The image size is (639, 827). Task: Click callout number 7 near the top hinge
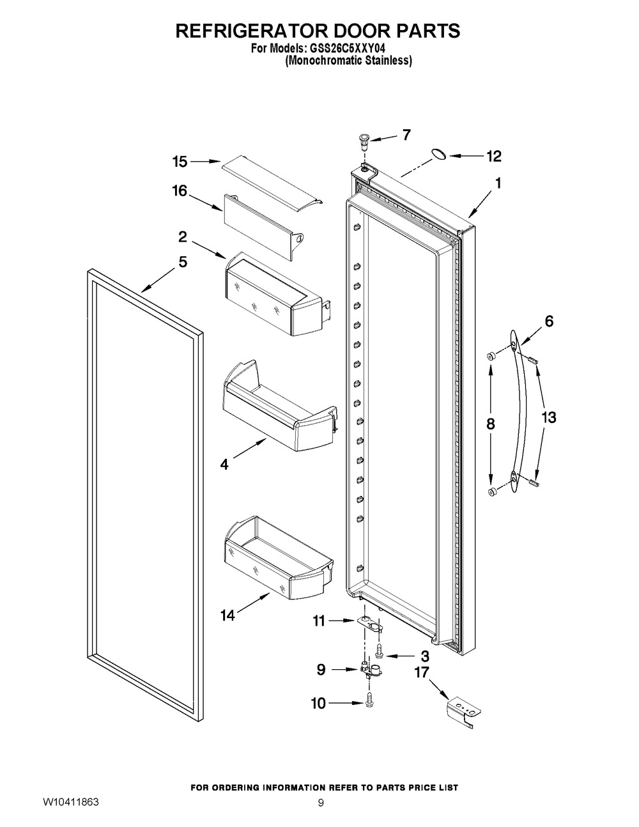click(x=406, y=134)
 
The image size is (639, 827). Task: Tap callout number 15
click(x=180, y=162)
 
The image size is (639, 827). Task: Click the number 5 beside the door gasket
click(x=183, y=262)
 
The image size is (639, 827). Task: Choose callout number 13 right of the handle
click(x=549, y=417)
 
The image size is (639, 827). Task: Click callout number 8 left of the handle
click(x=491, y=424)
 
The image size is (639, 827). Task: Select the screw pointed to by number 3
click(x=379, y=656)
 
